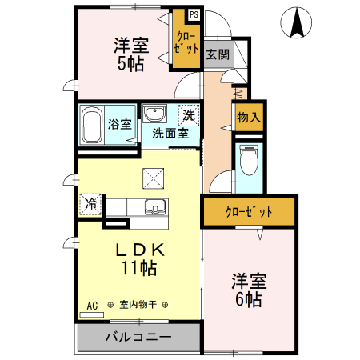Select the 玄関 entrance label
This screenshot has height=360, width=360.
click(216, 54)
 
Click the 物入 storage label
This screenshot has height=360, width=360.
click(249, 117)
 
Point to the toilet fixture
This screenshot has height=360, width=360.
click(248, 162)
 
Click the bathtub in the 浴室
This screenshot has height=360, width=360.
click(92, 125)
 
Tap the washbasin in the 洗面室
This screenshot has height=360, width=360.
click(154, 113)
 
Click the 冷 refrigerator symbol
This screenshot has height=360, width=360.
click(91, 204)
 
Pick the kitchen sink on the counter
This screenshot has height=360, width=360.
click(155, 208)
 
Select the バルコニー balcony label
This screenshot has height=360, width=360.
click(139, 337)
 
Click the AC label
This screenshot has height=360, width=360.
click(93, 305)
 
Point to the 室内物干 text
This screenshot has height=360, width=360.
click(138, 305)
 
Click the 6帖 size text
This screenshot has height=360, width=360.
click(248, 299)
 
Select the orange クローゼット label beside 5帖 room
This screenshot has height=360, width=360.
click(186, 42)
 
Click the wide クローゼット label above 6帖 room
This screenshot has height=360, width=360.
click(248, 212)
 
